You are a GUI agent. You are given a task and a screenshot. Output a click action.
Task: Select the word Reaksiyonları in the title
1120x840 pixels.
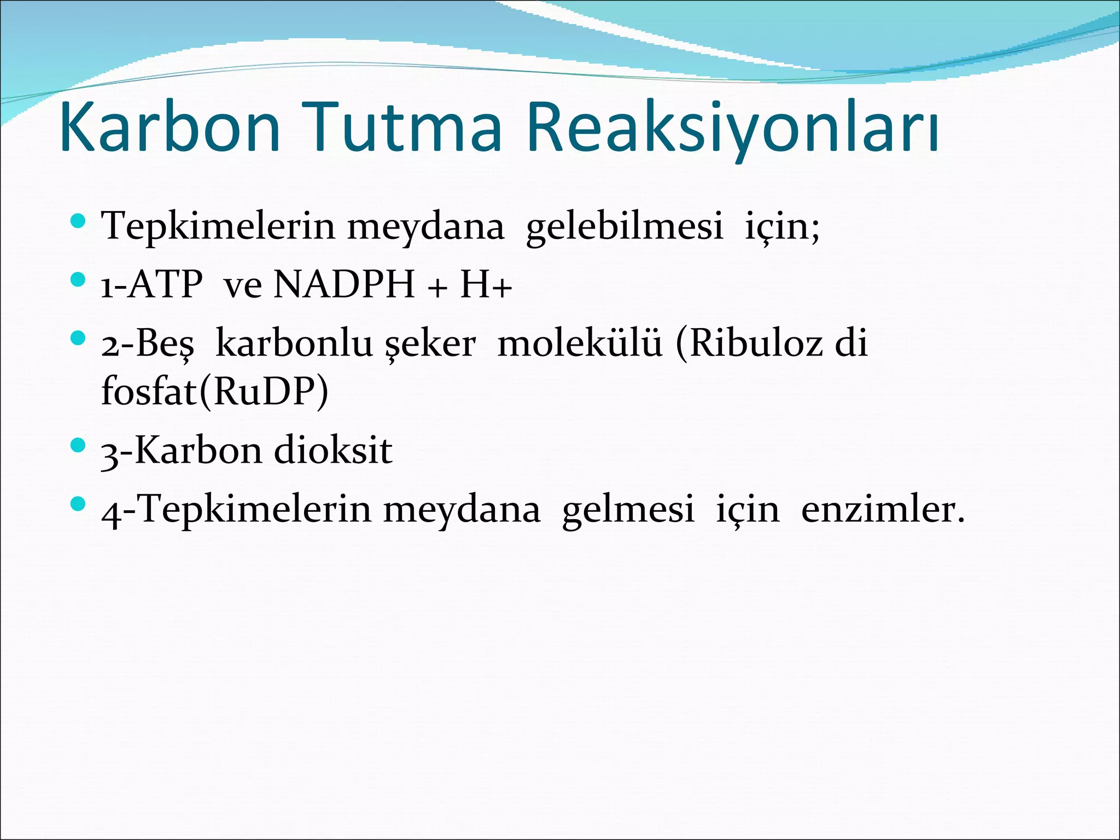pyautogui.click(x=733, y=129)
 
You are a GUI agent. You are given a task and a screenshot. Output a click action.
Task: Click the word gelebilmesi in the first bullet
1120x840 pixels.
pyautogui.click(x=624, y=227)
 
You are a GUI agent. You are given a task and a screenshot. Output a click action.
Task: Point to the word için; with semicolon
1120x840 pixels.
pyautogui.click(x=782, y=227)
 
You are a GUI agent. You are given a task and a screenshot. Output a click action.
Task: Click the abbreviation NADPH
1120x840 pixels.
pyautogui.click(x=344, y=285)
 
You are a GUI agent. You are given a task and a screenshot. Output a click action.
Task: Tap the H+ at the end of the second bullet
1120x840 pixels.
pyautogui.click(x=486, y=285)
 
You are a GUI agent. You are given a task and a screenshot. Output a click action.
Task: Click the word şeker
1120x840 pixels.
pyautogui.click(x=430, y=345)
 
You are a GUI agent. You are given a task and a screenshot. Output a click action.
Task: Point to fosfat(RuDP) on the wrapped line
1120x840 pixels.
pyautogui.click(x=215, y=392)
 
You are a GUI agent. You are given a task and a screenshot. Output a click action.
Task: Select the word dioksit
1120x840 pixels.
pyautogui.click(x=332, y=451)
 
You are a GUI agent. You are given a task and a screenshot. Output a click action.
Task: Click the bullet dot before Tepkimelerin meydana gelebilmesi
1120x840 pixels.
pyautogui.click(x=78, y=221)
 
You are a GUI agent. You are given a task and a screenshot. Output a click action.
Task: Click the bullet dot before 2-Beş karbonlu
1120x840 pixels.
pyautogui.click(x=78, y=339)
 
